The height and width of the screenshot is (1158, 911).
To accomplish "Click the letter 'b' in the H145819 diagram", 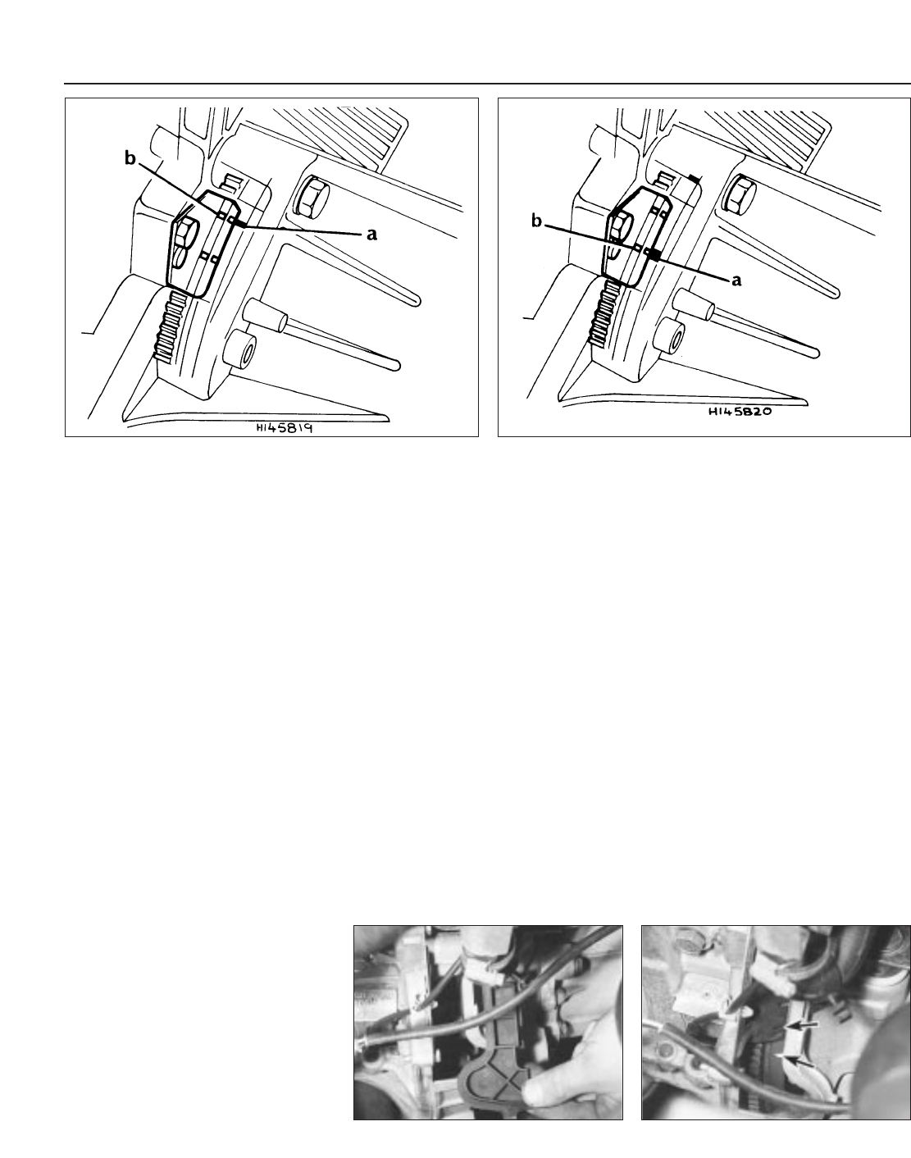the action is [130, 158].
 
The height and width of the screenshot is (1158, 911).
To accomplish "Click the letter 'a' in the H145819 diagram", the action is [371, 234].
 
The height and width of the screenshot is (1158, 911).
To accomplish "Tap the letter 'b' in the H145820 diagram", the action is [536, 221].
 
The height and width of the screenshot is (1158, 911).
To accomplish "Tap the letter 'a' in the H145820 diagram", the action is [737, 280].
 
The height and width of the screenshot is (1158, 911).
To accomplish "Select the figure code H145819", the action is [284, 428].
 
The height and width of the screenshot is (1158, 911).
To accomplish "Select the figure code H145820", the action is [740, 412].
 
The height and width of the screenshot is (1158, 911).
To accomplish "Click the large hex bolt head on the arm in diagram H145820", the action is [741, 194].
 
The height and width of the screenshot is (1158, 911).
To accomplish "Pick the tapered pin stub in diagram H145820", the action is [696, 305].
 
